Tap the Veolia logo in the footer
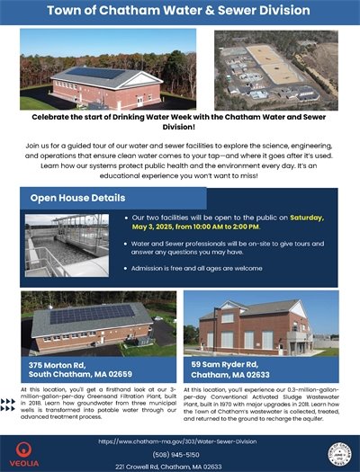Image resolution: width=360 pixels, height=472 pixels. pyautogui.click(x=25, y=450)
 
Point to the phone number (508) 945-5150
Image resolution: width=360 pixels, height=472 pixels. pyautogui.click(x=179, y=454)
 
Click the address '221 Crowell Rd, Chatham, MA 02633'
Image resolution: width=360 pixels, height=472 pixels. pyautogui.click(x=179, y=466)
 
